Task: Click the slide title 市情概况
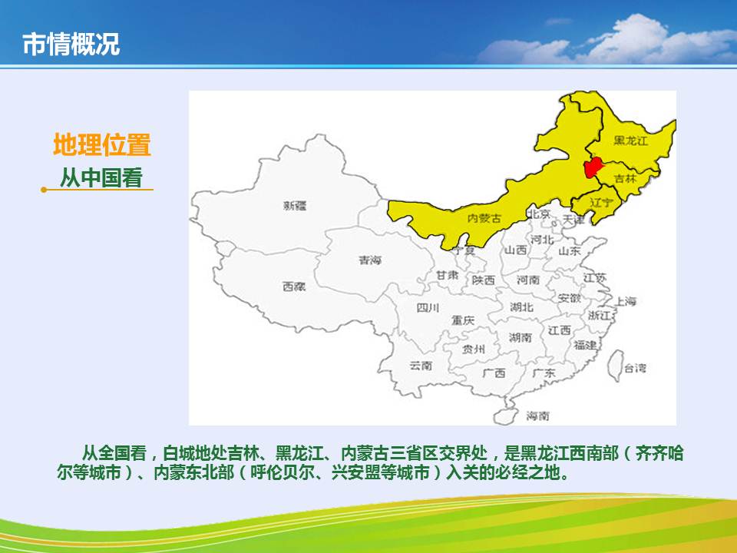71,45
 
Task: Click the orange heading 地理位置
101,144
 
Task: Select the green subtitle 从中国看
101,177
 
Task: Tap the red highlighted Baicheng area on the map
593,167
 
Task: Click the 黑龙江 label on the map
630,140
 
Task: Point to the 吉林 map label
625,178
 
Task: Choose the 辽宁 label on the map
602,203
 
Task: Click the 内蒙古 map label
484,217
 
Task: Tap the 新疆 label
295,206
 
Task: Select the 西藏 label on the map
294,286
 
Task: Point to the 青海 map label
370,260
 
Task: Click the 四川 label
428,308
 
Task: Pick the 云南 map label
421,366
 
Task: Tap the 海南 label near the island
537,416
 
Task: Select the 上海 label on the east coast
626,301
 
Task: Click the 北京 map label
539,214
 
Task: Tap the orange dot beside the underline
44,190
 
